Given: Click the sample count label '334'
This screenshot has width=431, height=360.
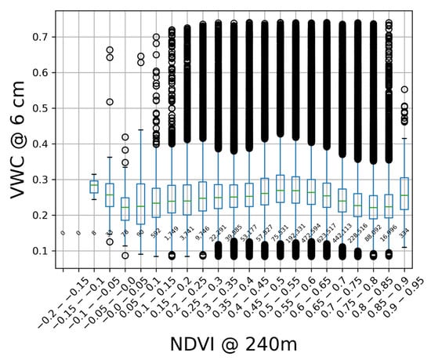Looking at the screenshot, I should [404, 233].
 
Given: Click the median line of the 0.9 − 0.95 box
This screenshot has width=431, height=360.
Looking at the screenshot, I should [404, 195].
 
